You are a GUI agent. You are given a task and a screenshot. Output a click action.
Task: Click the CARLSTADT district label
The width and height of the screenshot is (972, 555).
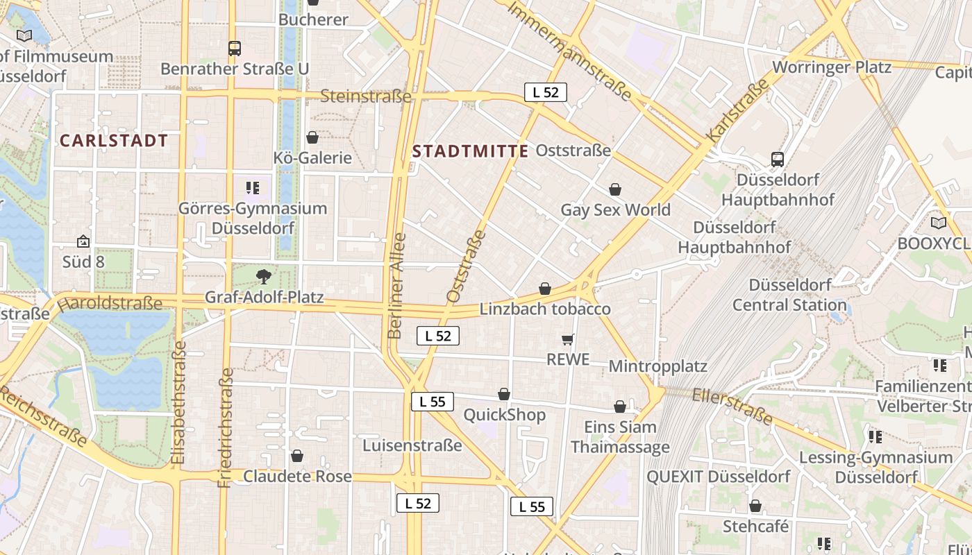[114, 141]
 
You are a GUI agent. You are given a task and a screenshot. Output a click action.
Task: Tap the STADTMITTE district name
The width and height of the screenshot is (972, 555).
[470, 152]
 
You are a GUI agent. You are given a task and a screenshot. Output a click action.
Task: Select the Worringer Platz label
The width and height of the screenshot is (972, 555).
[831, 67]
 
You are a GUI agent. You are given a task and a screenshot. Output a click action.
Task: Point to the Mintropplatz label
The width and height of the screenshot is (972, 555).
[657, 366]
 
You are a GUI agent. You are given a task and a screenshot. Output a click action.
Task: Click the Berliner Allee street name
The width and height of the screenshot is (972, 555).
[396, 286]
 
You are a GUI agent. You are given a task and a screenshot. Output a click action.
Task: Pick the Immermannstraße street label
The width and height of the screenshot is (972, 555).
[569, 51]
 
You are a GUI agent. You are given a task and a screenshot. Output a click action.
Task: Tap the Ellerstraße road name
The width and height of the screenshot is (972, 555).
[732, 406]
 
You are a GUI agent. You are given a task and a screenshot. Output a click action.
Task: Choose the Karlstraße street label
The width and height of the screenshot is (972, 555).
[738, 110]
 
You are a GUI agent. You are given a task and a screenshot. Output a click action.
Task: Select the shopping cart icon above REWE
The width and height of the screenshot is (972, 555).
[568, 339]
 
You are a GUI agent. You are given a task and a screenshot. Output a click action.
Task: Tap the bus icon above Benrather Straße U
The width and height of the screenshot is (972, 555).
[235, 49]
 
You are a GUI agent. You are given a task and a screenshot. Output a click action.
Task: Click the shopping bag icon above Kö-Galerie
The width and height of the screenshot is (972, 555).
[312, 137]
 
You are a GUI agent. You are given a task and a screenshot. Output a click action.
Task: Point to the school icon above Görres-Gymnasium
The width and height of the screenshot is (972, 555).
[253, 187]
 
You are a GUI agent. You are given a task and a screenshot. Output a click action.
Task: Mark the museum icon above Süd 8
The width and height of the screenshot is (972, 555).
[83, 241]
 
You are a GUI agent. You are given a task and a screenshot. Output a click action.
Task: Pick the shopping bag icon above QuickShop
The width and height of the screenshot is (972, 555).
[504, 395]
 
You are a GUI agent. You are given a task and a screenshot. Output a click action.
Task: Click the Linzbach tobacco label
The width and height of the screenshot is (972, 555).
[545, 309]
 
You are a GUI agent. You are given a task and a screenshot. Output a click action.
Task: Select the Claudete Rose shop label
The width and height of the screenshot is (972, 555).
[297, 477]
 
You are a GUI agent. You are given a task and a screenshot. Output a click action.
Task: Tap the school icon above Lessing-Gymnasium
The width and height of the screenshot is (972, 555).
[875, 437]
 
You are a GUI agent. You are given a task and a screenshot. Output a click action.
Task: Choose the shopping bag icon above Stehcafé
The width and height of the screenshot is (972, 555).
[755, 506]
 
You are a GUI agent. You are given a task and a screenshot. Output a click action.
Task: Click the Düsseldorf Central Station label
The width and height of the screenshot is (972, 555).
[789, 295]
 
